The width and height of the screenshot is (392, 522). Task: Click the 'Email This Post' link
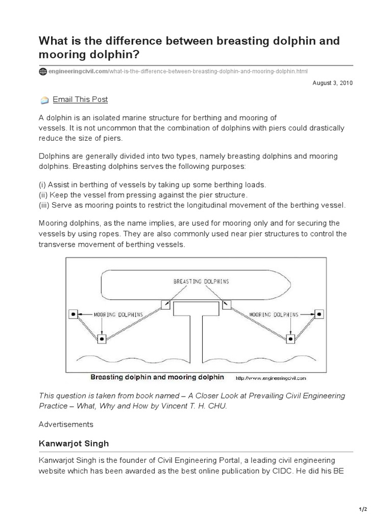80,99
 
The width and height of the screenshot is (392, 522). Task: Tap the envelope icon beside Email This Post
44,100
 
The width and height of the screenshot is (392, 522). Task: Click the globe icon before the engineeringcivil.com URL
43,71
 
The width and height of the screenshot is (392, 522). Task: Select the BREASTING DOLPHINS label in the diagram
201,281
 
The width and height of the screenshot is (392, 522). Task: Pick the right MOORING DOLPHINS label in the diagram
274,315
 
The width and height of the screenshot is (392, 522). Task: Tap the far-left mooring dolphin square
72,314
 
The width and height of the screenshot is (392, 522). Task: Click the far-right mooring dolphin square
319,314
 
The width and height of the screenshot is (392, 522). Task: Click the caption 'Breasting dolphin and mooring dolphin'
157,377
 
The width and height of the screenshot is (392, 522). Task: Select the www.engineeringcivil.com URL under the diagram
271,378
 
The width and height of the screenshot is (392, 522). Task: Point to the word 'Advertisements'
66,424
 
